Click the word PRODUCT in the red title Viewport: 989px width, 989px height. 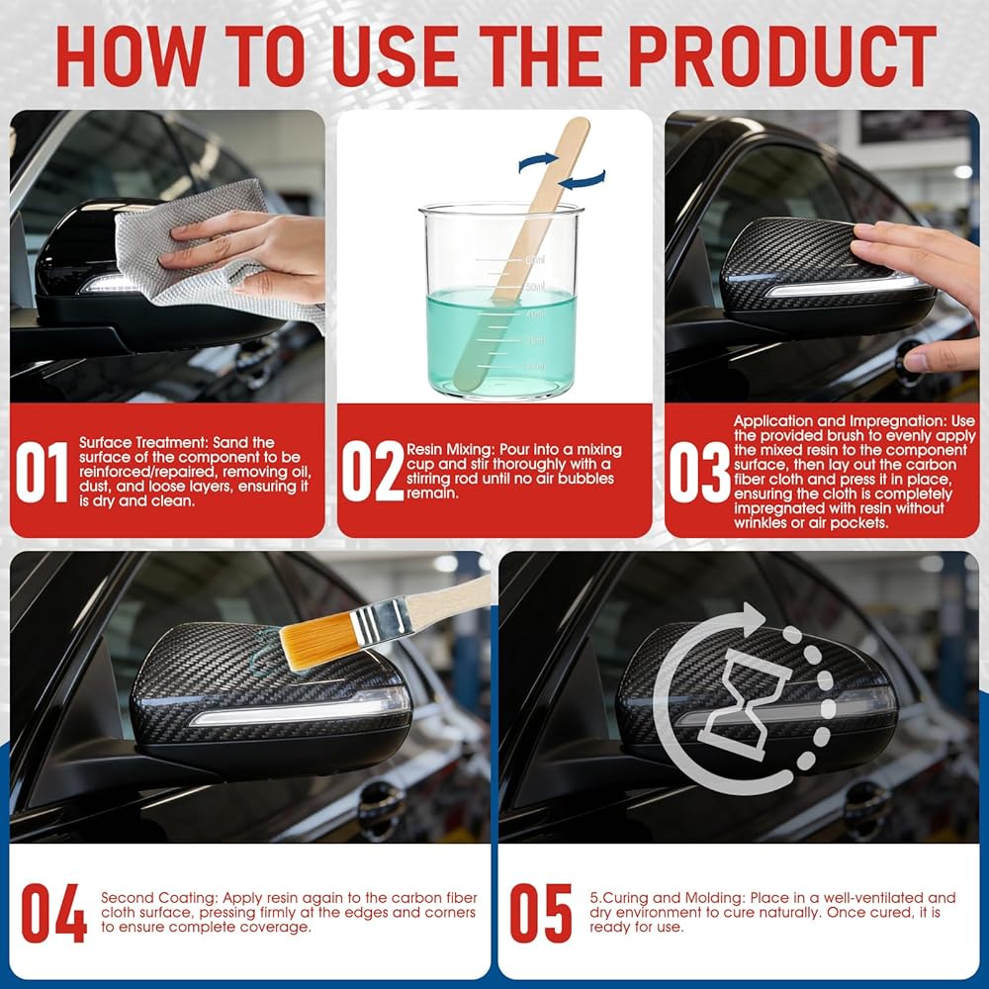(782, 55)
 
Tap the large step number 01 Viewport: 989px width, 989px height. (42, 472)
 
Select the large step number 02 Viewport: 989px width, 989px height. (372, 472)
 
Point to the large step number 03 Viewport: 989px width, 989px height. (699, 472)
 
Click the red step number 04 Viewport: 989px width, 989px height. (53, 913)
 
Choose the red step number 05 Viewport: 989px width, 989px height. (541, 913)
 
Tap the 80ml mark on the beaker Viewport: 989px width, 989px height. (535, 259)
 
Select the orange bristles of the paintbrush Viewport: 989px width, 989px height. (316, 640)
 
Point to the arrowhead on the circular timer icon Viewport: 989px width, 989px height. (752, 619)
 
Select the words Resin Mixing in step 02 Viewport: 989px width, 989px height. (450, 450)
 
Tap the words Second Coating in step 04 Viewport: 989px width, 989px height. (158, 898)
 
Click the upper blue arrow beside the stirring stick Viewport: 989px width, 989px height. (539, 162)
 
